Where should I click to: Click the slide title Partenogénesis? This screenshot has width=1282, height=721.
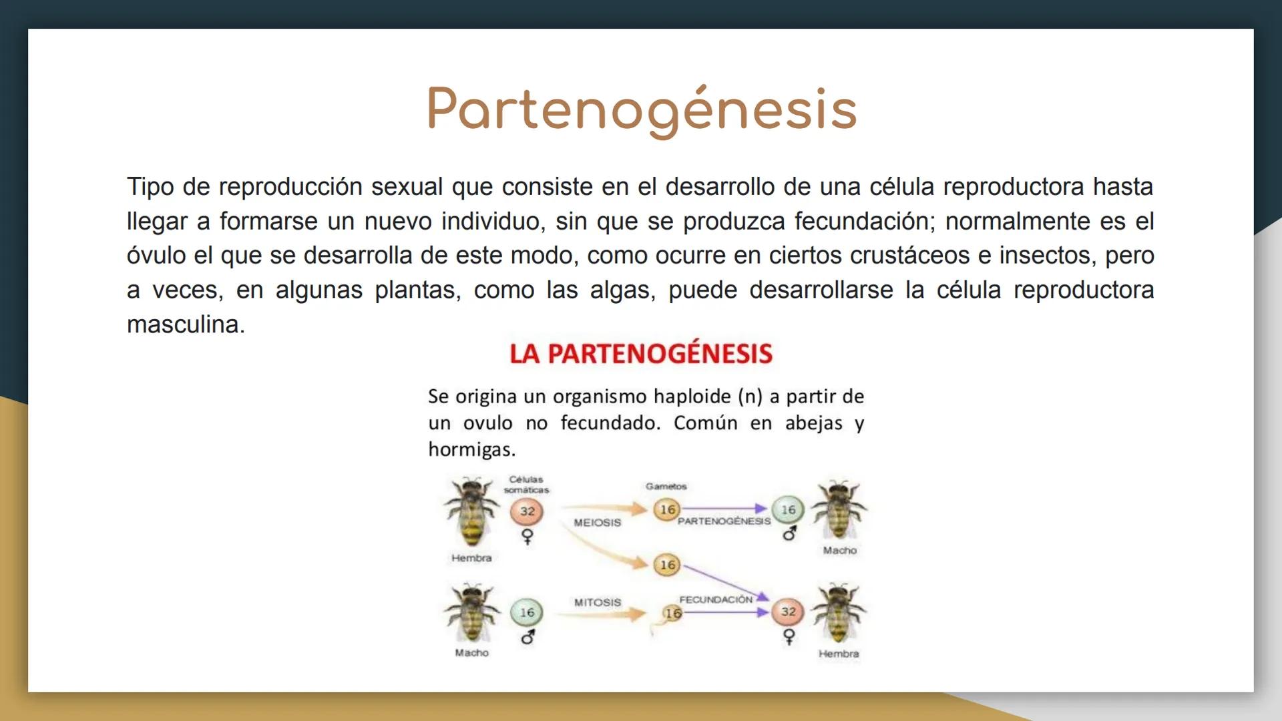tap(642, 109)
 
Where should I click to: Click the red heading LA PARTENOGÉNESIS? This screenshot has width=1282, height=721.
tap(641, 353)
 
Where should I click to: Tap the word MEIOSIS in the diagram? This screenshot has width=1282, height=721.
tap(597, 523)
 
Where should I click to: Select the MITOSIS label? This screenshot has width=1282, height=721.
tap(598, 602)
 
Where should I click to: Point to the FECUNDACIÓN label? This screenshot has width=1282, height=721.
tap(716, 599)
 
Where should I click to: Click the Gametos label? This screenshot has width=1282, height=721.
tap(666, 486)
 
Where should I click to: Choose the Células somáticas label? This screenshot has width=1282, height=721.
tap(526, 485)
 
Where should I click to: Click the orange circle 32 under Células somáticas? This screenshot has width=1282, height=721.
tap(527, 512)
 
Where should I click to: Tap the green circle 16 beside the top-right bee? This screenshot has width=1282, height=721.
tap(789, 510)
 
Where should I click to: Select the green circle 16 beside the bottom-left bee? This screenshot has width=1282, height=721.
tap(527, 612)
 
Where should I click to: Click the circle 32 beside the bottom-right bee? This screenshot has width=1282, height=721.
tap(789, 612)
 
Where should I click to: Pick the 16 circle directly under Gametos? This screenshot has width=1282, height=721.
tap(667, 510)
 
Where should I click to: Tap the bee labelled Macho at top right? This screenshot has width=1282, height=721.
tap(839, 510)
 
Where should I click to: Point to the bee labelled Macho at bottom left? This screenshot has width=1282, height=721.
tap(472, 613)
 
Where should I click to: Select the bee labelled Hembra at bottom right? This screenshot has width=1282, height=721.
tap(839, 613)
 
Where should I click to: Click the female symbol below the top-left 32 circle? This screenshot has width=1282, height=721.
tap(527, 537)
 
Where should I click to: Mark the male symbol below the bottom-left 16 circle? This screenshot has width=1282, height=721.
tap(527, 638)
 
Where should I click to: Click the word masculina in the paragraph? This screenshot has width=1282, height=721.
tap(186, 324)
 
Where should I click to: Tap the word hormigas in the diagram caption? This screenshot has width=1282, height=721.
tap(471, 450)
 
